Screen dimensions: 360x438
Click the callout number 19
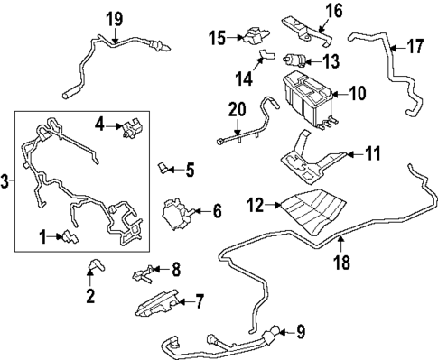[x=114, y=19]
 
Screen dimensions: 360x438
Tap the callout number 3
[x=6, y=182]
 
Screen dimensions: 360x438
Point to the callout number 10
[x=357, y=92]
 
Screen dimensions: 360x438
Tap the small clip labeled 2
[x=92, y=264]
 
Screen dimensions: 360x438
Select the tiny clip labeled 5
[x=163, y=167]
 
